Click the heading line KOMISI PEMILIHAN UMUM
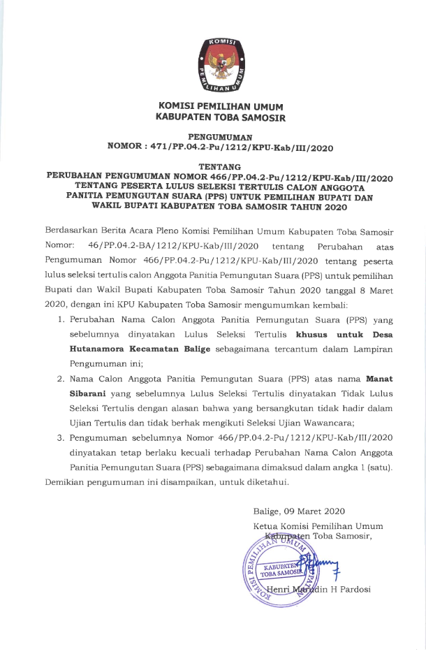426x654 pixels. [x=221, y=107]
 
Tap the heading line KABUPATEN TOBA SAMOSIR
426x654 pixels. [x=221, y=118]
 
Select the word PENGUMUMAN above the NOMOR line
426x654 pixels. [x=221, y=137]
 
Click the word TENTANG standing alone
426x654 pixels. [x=221, y=167]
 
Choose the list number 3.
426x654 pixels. [x=61, y=437]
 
